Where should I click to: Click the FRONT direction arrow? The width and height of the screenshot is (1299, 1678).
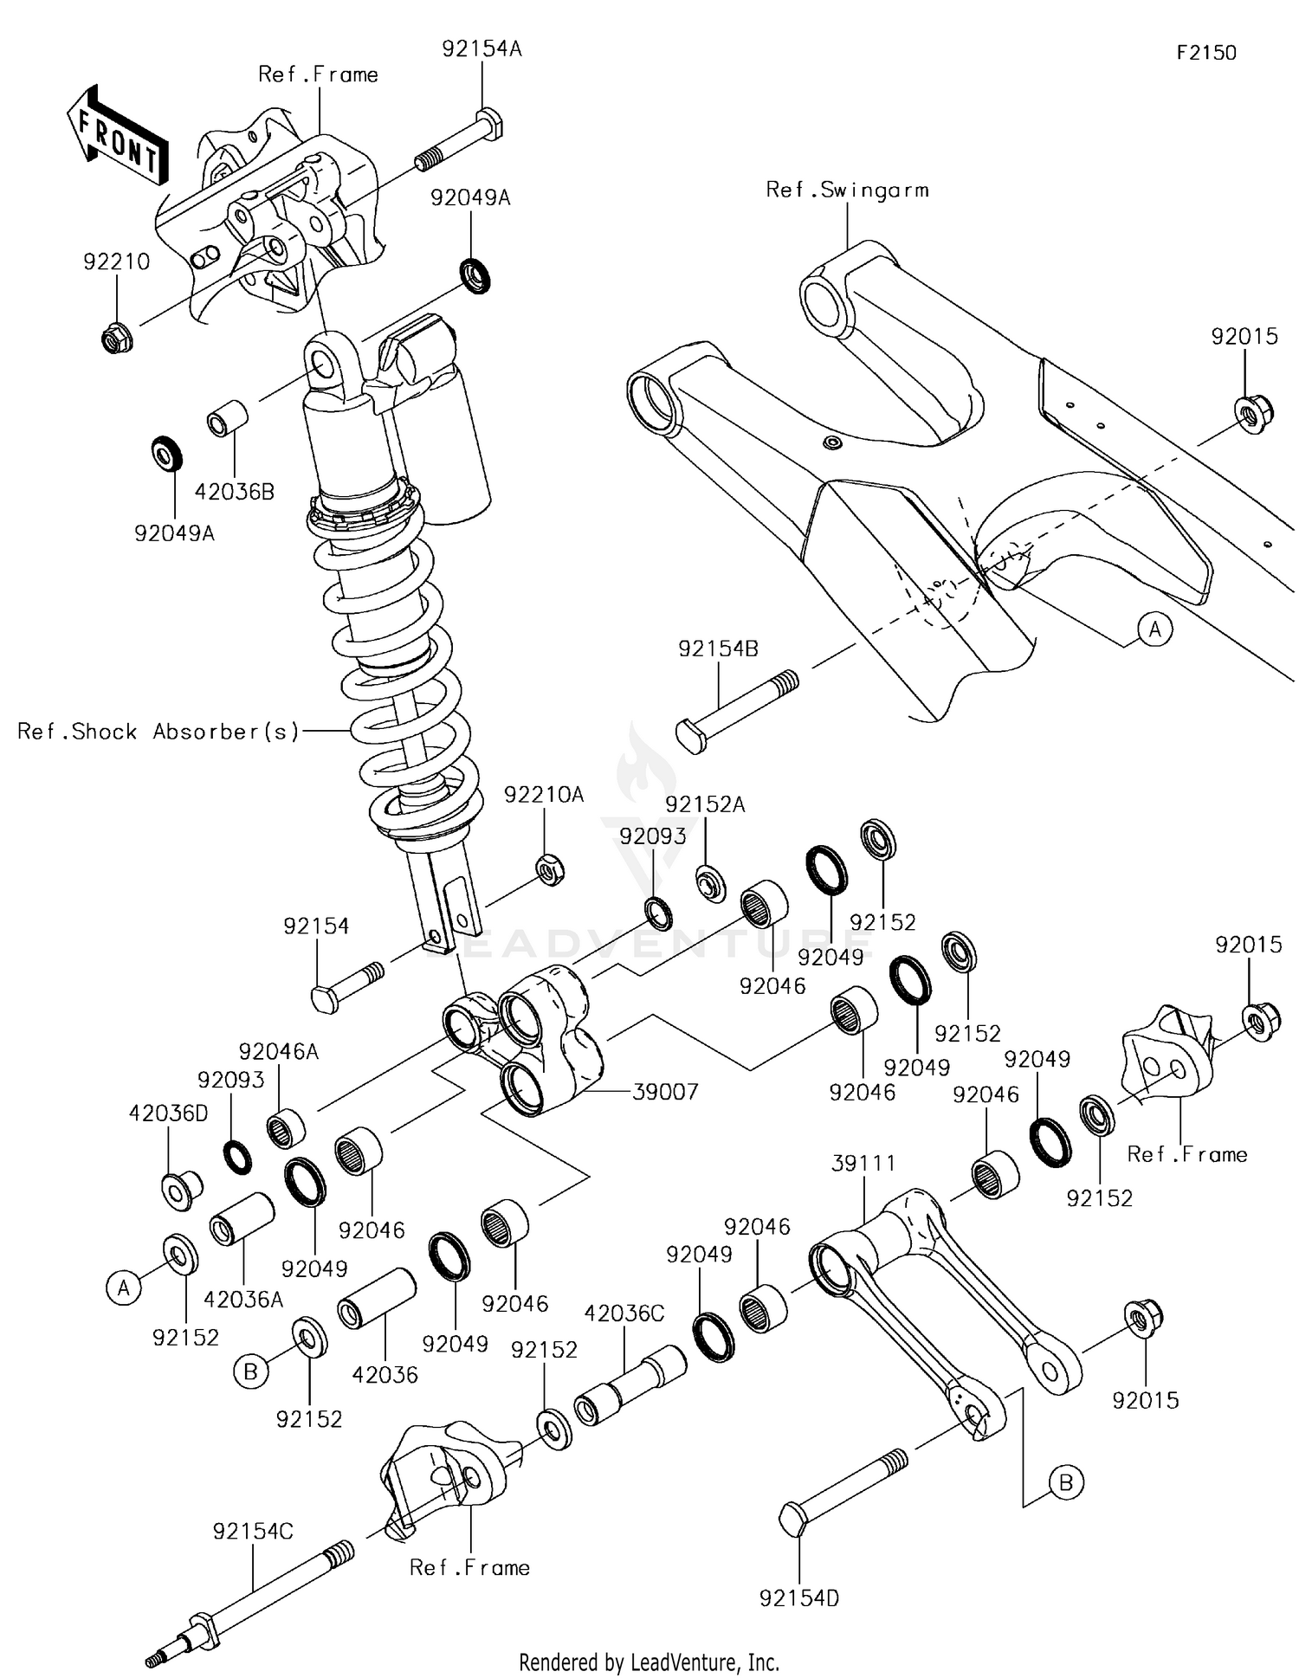118,137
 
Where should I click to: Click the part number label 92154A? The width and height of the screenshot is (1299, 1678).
481,49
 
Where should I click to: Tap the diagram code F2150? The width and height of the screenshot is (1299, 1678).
1205,53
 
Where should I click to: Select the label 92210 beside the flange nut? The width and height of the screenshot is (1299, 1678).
116,261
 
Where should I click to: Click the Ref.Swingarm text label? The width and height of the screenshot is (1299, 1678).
846,190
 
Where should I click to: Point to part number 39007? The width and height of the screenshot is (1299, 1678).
664,1092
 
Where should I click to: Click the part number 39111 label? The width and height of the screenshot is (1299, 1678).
863,1164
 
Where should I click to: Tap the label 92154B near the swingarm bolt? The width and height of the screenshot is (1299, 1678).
718,649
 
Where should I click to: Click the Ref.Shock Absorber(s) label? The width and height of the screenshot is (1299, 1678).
158,732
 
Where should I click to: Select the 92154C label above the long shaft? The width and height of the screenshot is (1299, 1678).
253,1532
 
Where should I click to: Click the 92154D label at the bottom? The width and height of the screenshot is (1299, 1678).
798,1598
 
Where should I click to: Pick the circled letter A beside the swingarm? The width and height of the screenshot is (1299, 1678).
1154,629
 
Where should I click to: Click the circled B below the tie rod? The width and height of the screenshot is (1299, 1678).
1065,1483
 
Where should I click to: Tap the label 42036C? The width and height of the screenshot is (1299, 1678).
624,1313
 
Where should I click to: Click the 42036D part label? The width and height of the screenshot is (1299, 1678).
168,1113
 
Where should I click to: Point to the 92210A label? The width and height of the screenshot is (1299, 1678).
544,795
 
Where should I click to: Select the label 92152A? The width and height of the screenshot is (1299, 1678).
705,805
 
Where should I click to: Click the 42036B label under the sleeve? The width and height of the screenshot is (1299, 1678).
234,493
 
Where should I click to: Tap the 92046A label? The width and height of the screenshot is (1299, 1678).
278,1052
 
